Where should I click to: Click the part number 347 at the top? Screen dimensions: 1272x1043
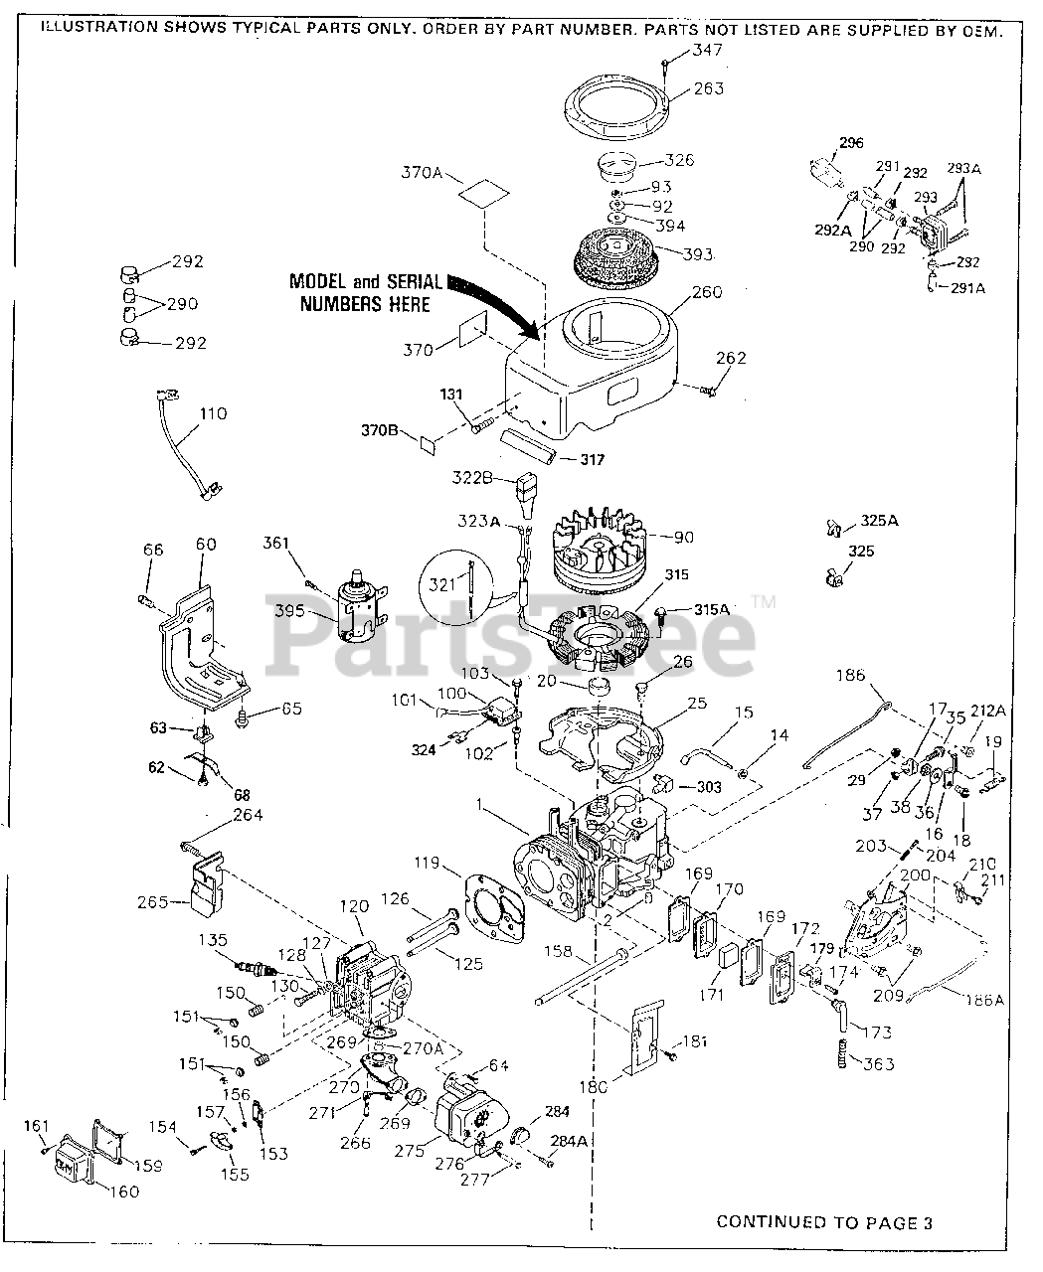coord(707,50)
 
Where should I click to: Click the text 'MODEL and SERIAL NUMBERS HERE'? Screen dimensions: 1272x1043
coord(365,292)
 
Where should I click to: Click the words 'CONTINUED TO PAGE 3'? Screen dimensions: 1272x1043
coord(824,1222)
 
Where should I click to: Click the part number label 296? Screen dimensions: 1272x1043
coord(851,143)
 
